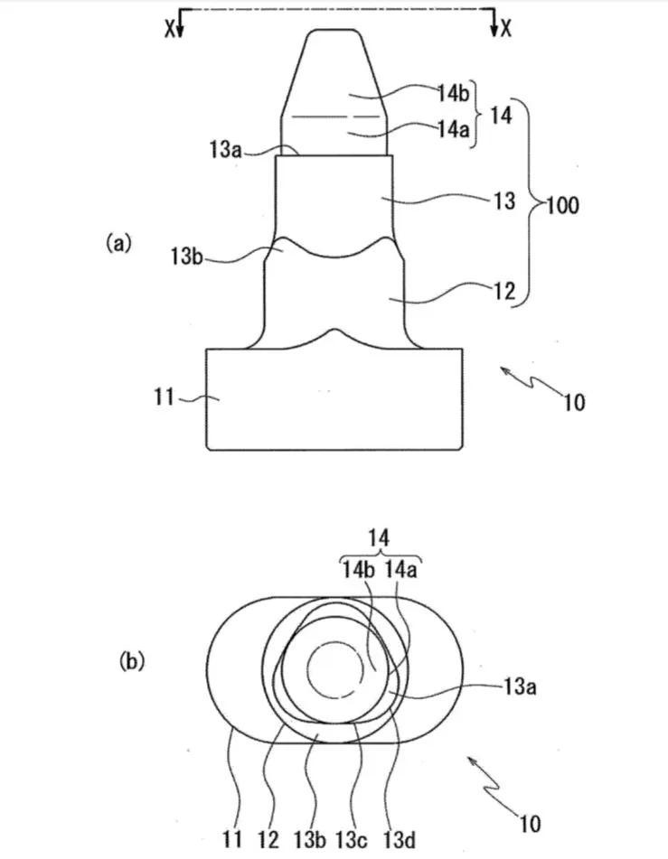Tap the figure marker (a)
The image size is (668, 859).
click(118, 242)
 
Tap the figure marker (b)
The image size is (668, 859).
click(132, 661)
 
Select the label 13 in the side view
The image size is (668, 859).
click(504, 201)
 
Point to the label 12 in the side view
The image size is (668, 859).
click(504, 290)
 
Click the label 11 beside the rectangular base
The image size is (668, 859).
click(164, 397)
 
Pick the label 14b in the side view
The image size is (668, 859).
click(454, 94)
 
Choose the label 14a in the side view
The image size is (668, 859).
click(454, 129)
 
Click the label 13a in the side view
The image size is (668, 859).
click(225, 148)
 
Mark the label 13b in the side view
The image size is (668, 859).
click(187, 256)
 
